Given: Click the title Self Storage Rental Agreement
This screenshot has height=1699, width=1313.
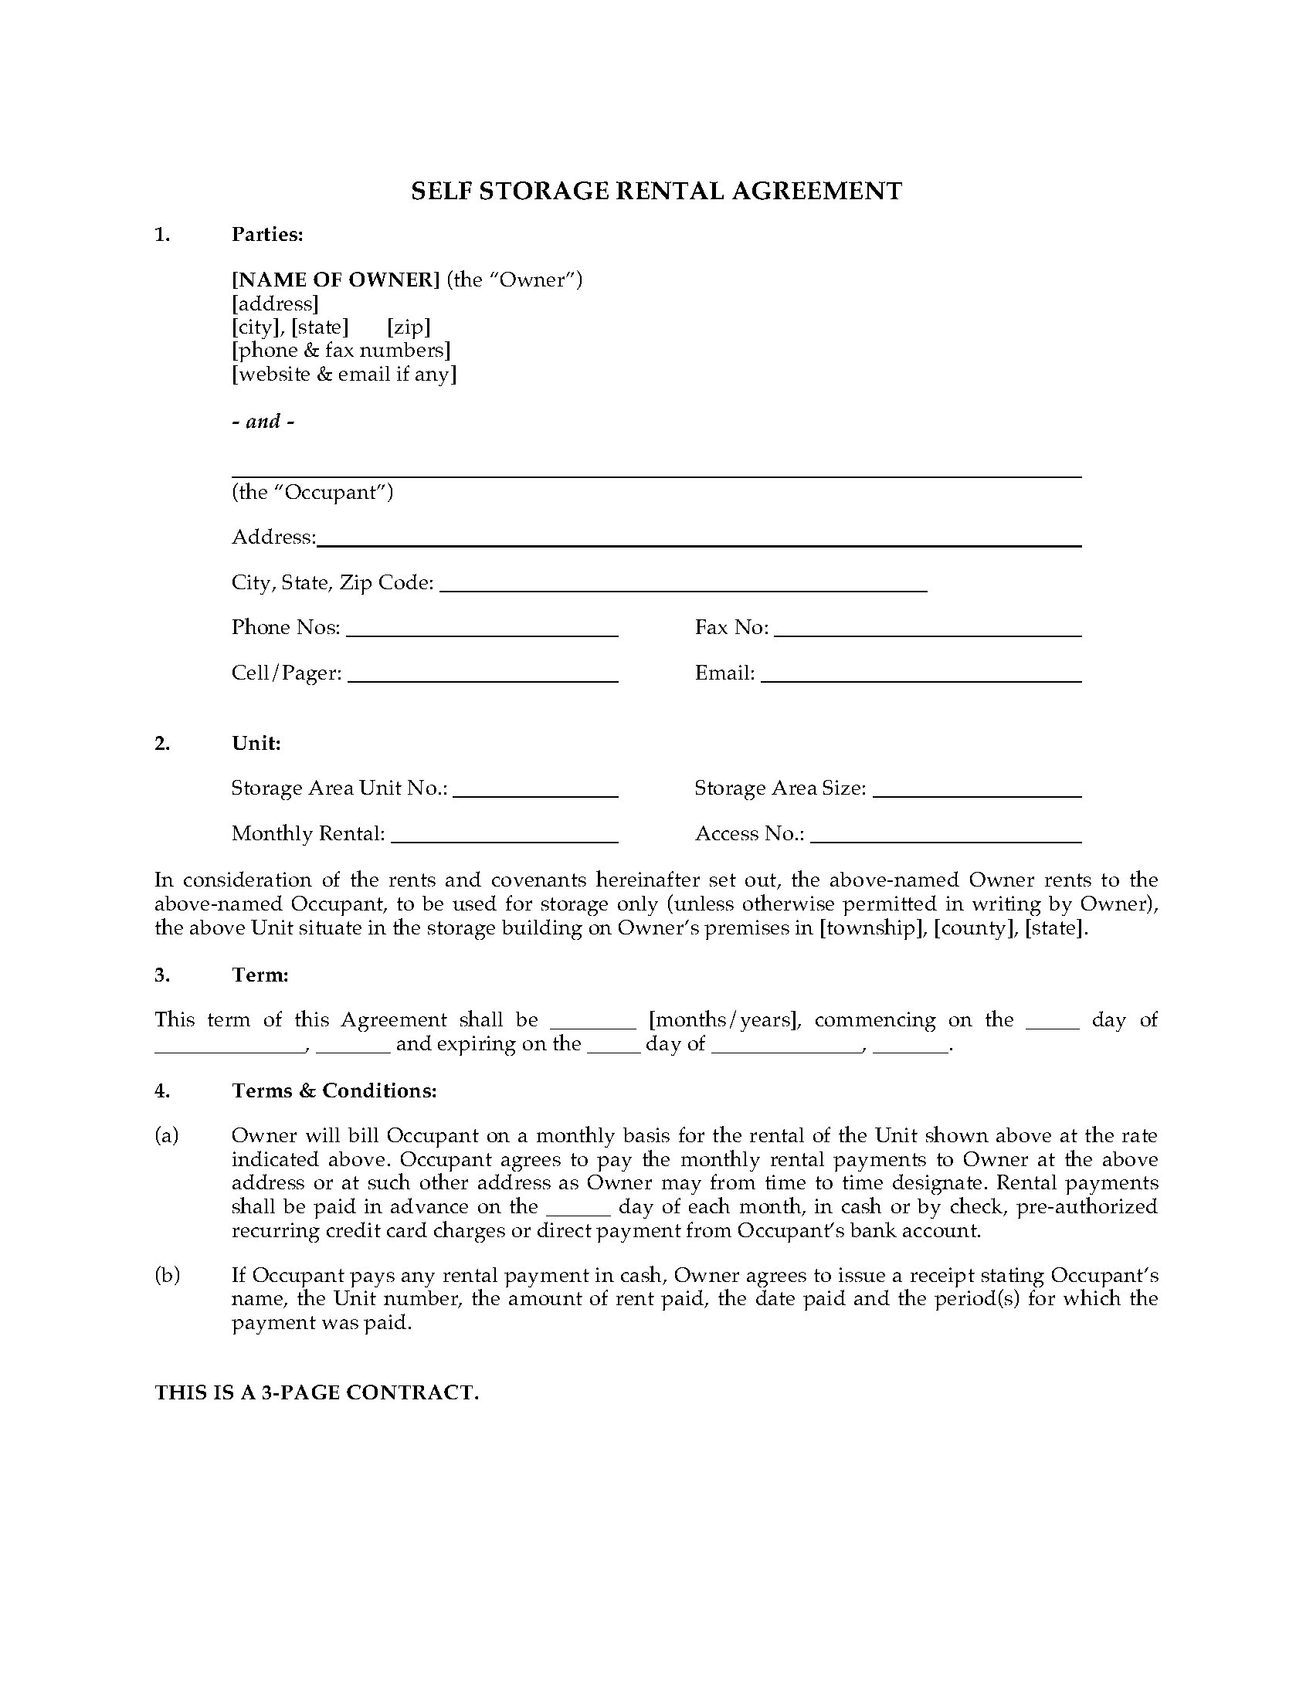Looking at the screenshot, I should click(656, 192).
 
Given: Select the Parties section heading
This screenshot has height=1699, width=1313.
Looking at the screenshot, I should click(266, 235).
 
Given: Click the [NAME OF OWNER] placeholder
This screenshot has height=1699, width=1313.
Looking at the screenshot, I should click(336, 280).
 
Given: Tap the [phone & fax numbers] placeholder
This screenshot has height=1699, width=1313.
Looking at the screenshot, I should click(341, 351).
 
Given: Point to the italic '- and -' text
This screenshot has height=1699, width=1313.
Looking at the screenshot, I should click(263, 422).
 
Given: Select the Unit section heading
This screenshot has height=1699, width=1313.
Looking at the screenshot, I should click(256, 744).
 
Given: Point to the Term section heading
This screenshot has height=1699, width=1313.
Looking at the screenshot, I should click(260, 975).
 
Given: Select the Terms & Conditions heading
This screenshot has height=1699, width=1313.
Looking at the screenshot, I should click(334, 1090).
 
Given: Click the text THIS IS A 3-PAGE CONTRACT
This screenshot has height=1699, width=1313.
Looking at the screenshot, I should click(317, 1392).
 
